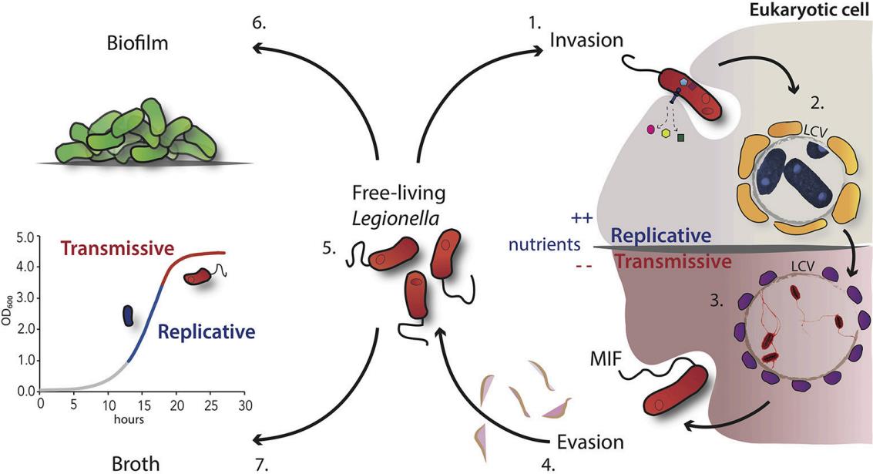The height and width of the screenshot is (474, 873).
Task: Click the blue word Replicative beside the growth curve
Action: [x=206, y=332]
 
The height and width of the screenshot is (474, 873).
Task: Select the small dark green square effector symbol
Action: [x=680, y=138]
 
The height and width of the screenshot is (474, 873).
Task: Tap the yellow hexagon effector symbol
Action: [x=666, y=133]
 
